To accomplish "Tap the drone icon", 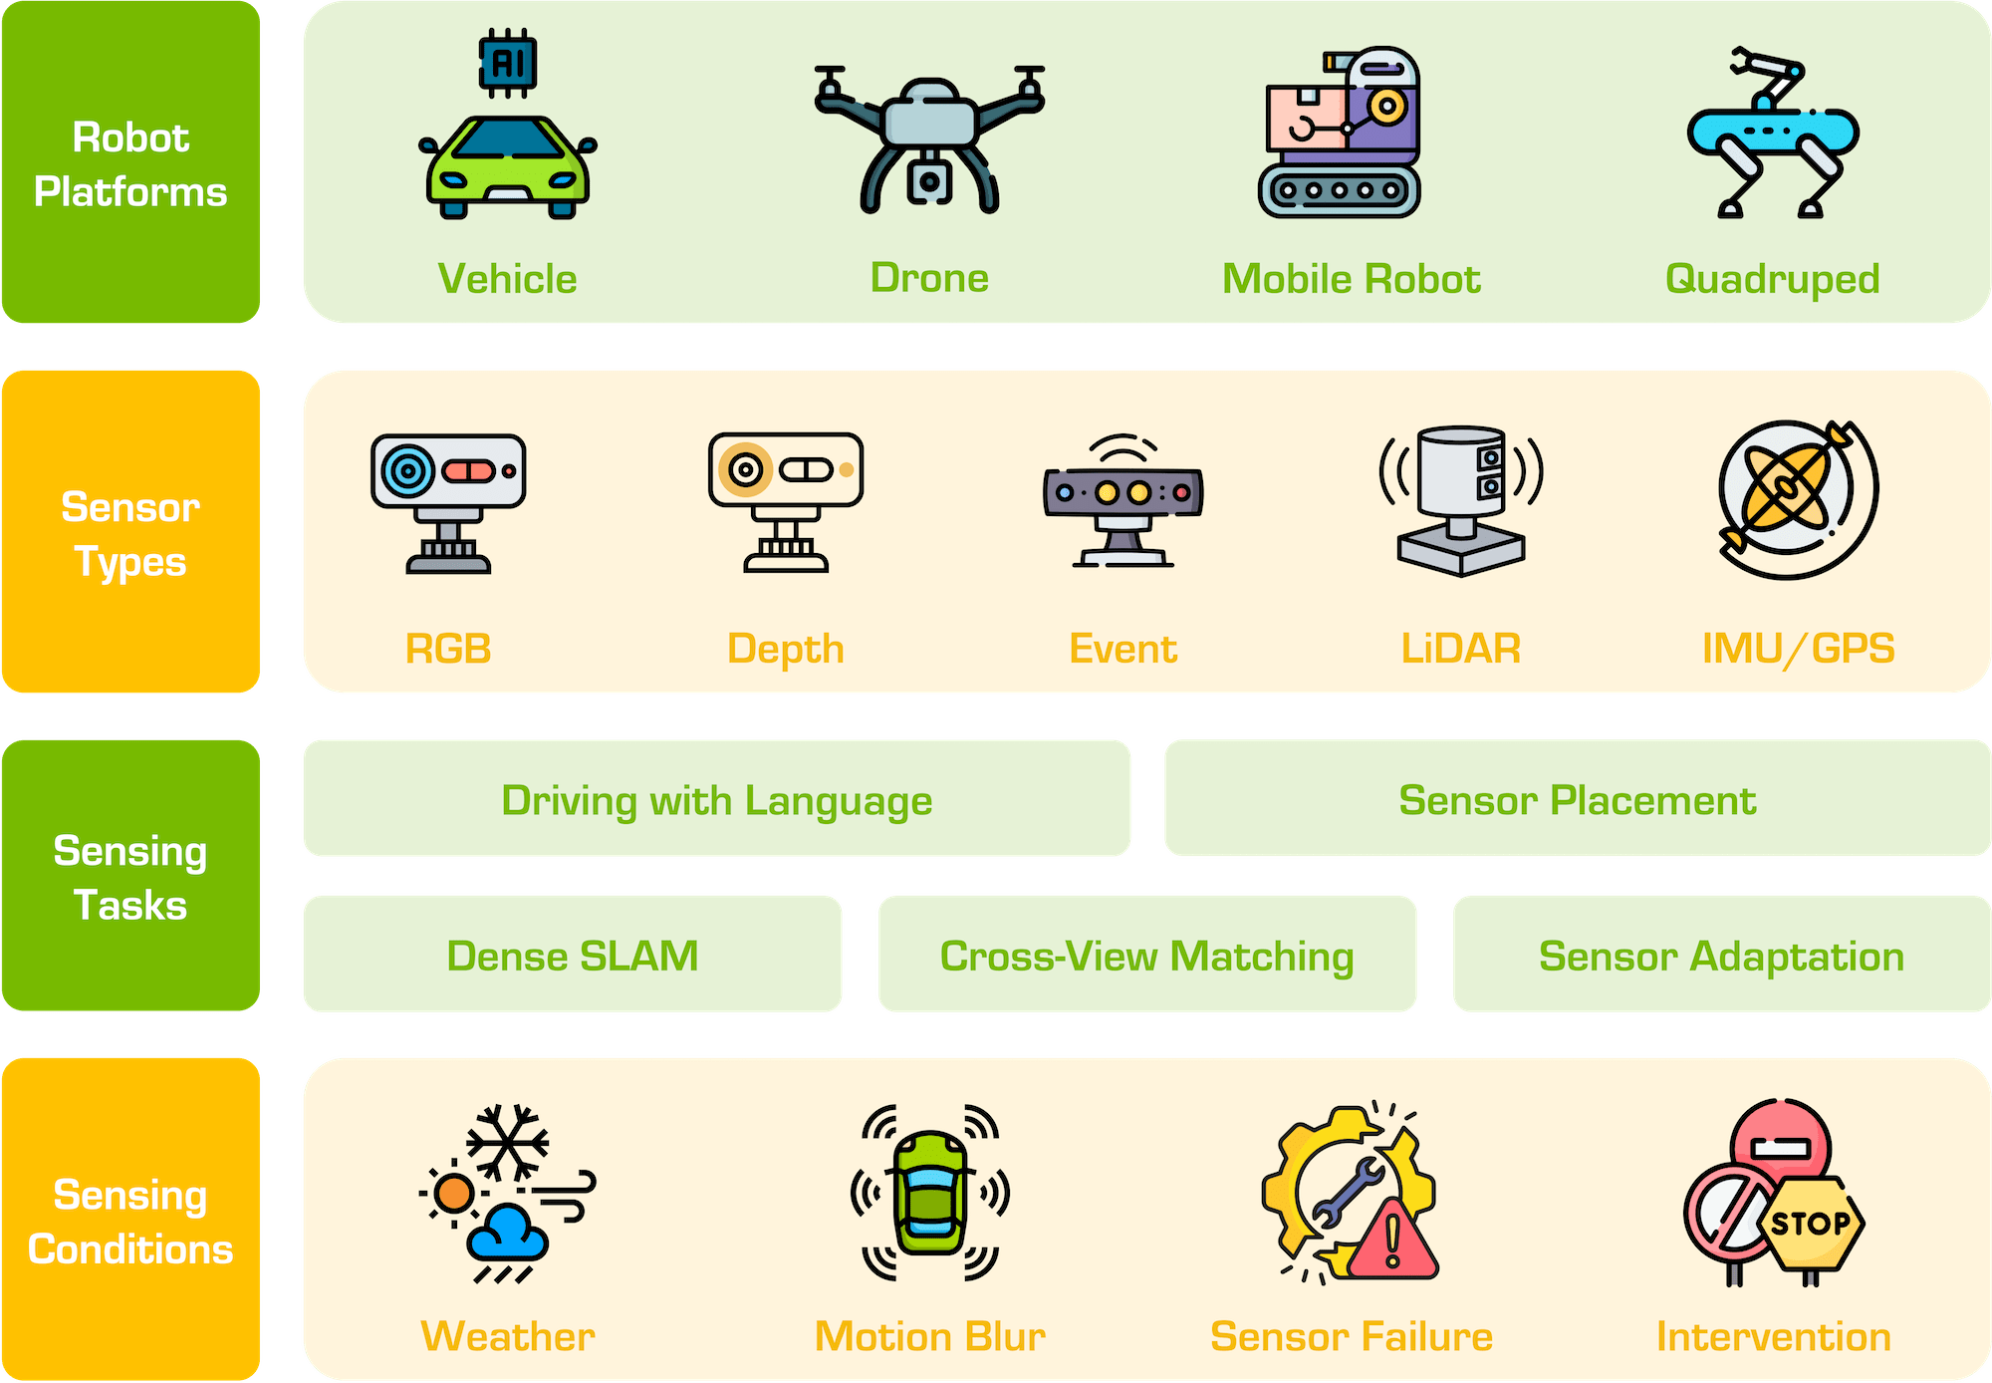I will pos(928,139).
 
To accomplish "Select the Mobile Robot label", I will pos(1351,279).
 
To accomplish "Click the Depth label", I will pos(785,649).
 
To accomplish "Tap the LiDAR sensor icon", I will pos(1461,498).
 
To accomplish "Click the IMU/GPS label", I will pos(1798,649).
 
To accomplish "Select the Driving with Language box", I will pos(716,799).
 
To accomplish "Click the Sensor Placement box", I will pos(1577,799).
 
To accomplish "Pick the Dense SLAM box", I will pos(572,955).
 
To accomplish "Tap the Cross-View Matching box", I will pos(1146,955).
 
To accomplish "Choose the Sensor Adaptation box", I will pos(1721,955).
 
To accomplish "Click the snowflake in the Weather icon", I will pos(507,1142).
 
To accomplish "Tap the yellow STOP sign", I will pos(1811,1223).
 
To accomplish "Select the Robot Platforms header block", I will pos(130,162).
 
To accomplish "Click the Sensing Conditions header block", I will pos(130,1220).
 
